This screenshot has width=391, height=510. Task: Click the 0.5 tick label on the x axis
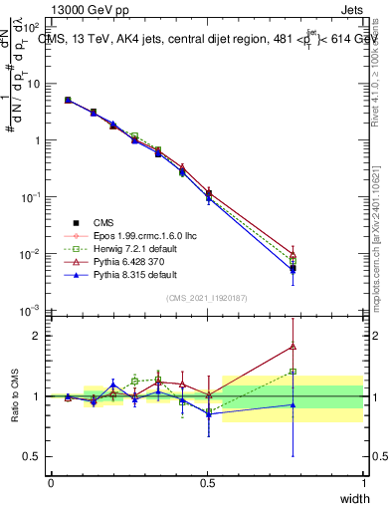point(207,483)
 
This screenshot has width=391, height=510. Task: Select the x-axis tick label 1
point(364,483)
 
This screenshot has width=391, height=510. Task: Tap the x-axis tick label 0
point(51,483)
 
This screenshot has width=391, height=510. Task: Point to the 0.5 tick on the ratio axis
point(32,457)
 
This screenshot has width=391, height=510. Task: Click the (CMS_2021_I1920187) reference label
point(208,298)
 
